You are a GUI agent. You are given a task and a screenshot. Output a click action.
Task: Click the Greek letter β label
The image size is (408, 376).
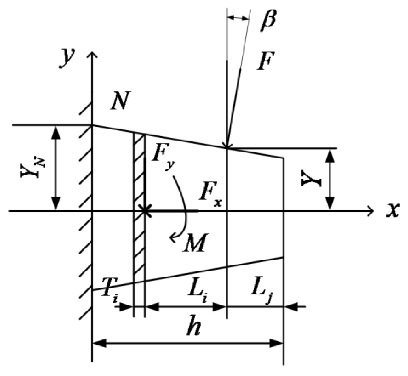(x=268, y=21)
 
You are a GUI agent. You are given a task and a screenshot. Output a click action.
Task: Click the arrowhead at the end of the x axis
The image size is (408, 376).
(x=371, y=211)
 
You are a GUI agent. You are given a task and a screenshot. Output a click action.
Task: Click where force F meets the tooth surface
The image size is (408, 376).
(x=227, y=147)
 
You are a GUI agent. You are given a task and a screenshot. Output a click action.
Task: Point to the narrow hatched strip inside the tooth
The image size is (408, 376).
(x=139, y=204)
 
